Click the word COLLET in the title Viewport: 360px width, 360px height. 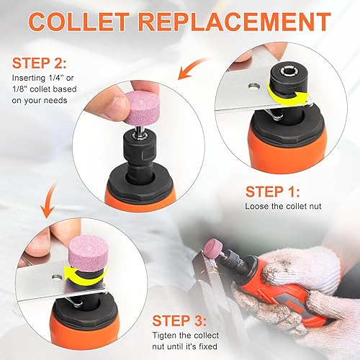click(x=85, y=21)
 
